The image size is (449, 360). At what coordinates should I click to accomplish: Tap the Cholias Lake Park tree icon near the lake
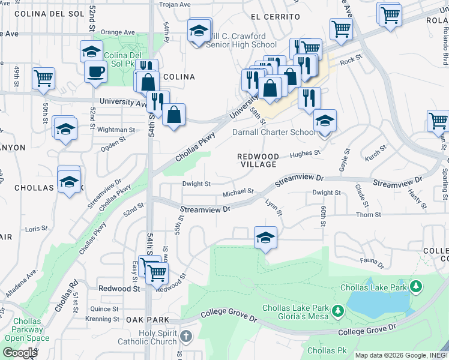pos(415,287)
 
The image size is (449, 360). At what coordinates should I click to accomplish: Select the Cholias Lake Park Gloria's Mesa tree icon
pos(338,311)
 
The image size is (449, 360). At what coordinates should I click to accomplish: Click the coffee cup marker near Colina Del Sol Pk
pos(95,72)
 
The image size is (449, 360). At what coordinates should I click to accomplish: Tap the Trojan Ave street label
pos(174,4)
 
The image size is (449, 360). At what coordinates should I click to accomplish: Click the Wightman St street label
pos(116,130)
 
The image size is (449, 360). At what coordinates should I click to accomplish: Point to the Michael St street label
pos(238,194)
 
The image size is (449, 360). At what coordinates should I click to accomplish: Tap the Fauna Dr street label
pos(372,260)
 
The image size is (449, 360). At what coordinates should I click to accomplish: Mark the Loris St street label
pos(36,229)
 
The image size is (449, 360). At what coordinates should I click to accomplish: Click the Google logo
pos(20,353)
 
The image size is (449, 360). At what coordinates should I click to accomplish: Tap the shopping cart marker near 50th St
pos(43,78)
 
